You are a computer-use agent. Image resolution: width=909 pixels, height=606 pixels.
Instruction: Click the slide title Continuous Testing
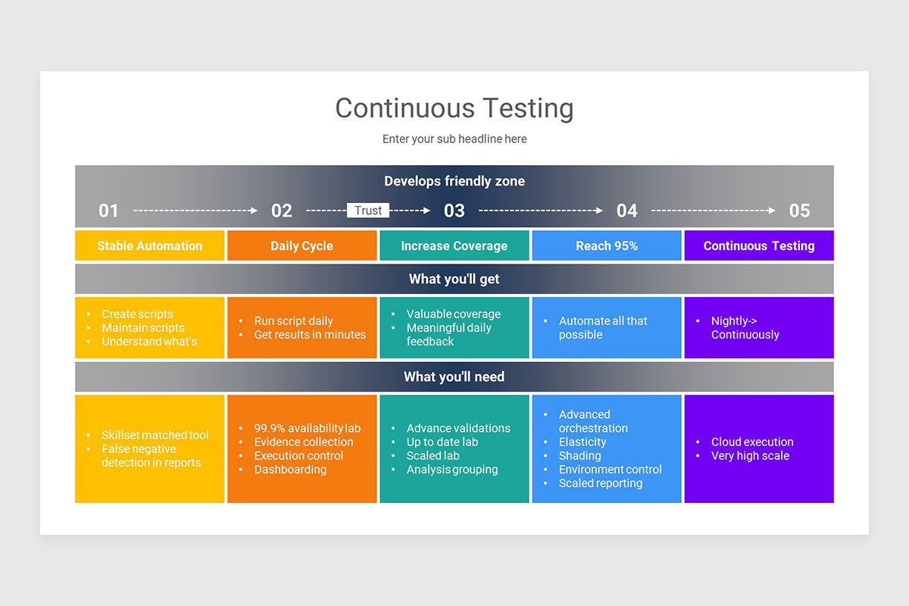coord(454,108)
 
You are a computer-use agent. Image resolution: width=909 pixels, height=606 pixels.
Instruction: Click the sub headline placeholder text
coord(454,139)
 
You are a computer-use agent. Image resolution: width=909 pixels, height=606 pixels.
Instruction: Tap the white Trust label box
coord(368,211)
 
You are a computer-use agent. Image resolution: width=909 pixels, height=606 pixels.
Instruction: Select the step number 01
coord(108,211)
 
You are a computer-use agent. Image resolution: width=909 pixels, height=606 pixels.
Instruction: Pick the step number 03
coord(454,211)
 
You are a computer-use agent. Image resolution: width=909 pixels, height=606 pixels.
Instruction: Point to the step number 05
coord(799,211)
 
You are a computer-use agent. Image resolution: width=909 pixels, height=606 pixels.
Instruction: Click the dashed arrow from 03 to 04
coord(541,211)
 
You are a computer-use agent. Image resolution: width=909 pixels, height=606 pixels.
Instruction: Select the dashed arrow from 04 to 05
coord(714,211)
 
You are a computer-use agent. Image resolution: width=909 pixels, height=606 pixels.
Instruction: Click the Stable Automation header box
coord(150,246)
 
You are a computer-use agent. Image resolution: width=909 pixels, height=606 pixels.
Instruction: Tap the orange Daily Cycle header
coord(301,246)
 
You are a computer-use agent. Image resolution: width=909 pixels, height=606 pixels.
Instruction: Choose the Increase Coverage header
coord(454,246)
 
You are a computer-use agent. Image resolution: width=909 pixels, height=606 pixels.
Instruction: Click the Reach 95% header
coord(607,246)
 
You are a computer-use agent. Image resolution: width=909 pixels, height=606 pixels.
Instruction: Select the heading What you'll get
coord(454,280)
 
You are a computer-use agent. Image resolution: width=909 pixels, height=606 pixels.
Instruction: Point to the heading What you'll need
coord(454,377)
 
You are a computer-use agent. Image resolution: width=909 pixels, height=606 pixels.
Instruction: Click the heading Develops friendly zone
coord(454,181)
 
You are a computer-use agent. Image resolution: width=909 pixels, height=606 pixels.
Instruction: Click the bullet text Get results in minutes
coord(310,335)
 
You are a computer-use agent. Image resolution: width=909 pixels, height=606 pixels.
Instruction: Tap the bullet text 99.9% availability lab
coord(307,429)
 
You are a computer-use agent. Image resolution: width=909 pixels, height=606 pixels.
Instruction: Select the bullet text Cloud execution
coord(752,442)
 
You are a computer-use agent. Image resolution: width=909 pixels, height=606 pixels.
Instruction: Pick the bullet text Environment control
coord(610,470)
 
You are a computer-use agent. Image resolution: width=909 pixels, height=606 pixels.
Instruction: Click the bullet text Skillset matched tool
coord(155,436)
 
